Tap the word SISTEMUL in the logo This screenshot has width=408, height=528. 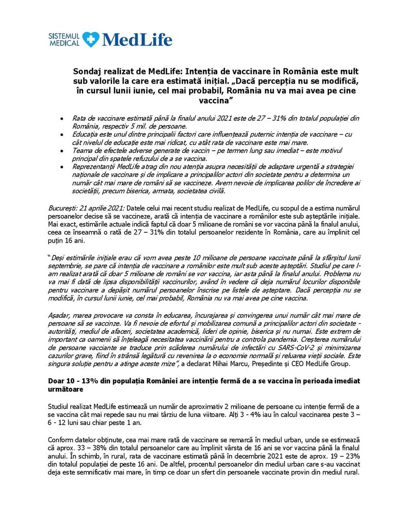click(64, 36)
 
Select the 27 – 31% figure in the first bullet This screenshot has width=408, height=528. click(267, 118)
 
